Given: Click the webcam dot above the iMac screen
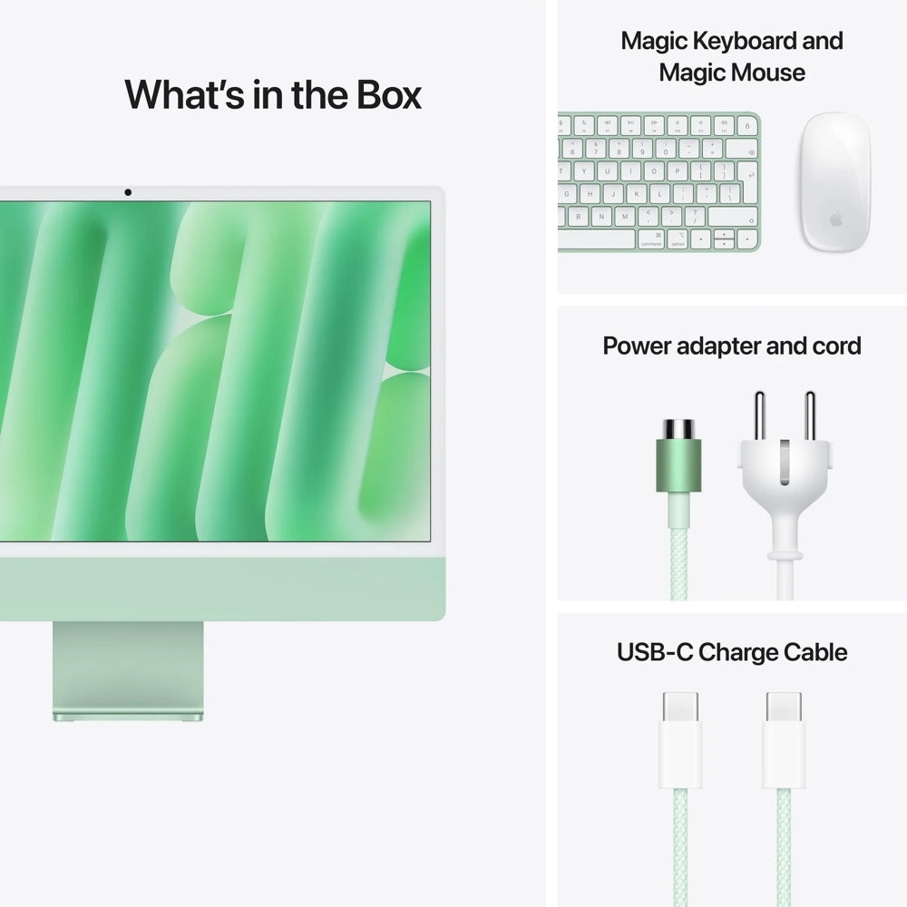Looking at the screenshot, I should [128, 192].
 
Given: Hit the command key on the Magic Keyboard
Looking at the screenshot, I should [651, 239].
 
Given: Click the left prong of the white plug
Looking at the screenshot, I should [759, 414].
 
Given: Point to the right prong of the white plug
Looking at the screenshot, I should [810, 414].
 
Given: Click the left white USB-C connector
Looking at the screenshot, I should [681, 739].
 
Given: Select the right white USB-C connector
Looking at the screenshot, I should [784, 739].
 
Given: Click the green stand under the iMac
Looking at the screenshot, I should [128, 671].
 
